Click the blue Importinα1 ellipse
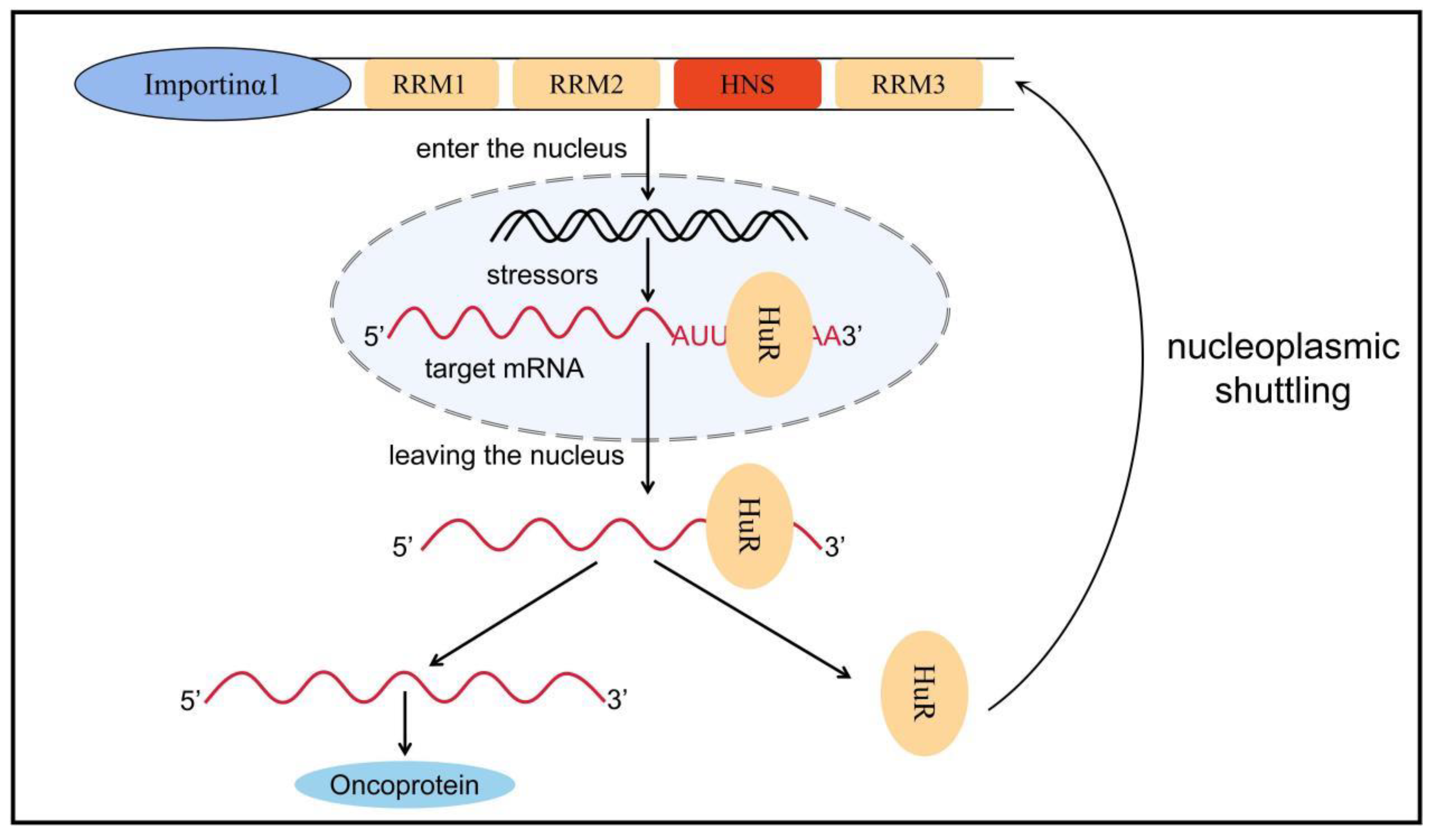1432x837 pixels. (x=213, y=84)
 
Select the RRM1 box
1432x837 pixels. (x=431, y=84)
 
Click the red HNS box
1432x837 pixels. (x=747, y=84)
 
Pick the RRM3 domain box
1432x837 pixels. (x=909, y=84)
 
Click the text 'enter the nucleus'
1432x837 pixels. (x=521, y=149)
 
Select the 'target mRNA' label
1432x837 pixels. (x=504, y=369)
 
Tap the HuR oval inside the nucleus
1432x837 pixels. (x=769, y=334)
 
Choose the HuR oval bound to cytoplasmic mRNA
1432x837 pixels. (x=749, y=526)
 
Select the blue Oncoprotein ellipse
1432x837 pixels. (x=405, y=785)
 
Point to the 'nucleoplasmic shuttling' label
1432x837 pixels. (x=1283, y=369)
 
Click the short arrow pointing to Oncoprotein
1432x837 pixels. (x=405, y=723)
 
